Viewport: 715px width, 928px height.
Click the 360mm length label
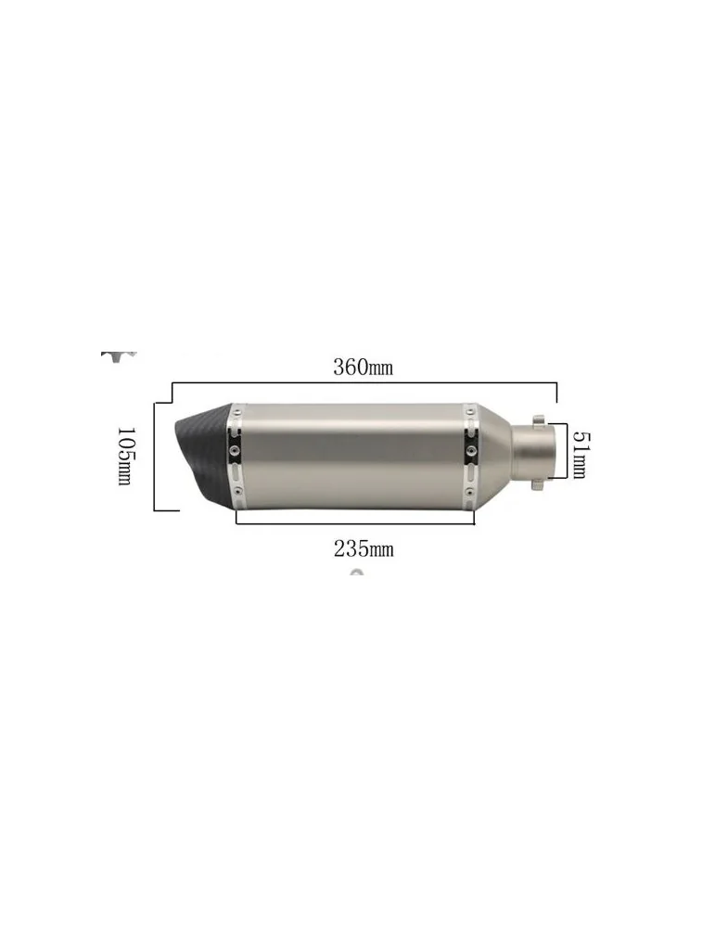pyautogui.click(x=364, y=367)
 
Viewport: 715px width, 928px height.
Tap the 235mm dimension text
pyautogui.click(x=364, y=548)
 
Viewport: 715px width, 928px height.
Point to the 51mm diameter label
pyautogui.click(x=578, y=453)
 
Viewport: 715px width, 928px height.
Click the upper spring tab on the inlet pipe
pyautogui.click(x=536, y=415)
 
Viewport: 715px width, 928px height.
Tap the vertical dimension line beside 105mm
pyautogui.click(x=154, y=455)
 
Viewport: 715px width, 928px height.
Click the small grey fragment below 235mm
pyautogui.click(x=356, y=573)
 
